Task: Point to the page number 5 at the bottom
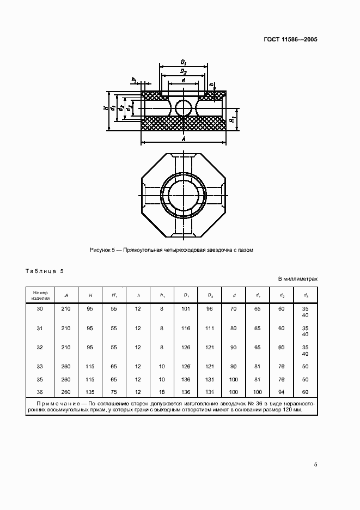(316, 464)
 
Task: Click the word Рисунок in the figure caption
(101, 250)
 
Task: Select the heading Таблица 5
(45, 271)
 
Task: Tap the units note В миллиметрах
(297, 278)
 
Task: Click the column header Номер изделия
(39, 295)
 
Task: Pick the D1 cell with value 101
(186, 308)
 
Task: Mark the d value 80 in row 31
(234, 329)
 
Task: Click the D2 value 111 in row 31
(210, 329)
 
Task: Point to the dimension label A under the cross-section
(184, 139)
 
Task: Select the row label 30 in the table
(39, 308)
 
